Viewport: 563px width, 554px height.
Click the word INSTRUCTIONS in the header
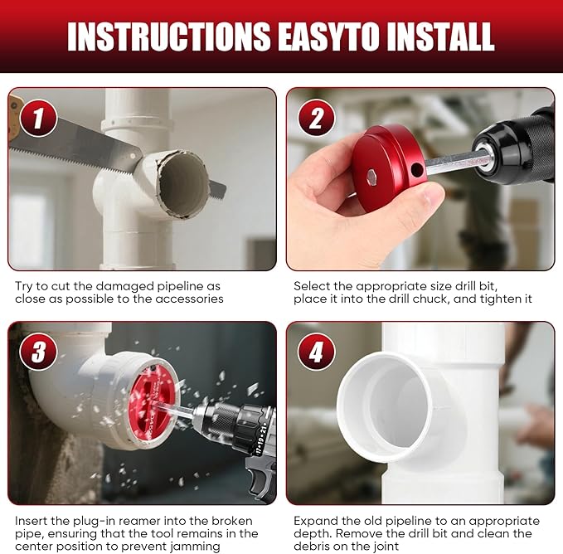point(169,36)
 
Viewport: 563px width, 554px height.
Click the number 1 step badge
point(38,118)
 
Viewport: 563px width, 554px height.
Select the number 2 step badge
point(317,118)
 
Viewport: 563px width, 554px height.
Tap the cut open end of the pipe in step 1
point(182,184)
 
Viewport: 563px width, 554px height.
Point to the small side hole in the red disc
point(416,170)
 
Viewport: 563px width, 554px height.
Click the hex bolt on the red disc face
point(372,177)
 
